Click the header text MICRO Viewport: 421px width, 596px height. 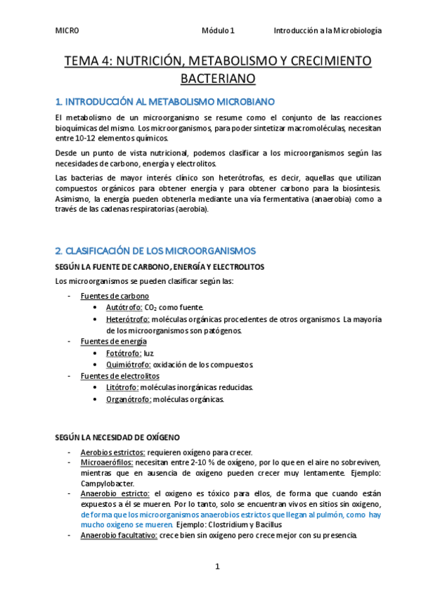coord(67,31)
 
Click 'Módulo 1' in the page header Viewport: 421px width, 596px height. coord(218,31)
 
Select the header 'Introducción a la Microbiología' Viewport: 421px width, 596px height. coord(328,31)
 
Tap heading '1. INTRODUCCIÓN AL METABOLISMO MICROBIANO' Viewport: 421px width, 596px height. coord(160,103)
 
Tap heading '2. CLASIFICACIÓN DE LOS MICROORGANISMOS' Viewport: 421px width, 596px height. coord(155,251)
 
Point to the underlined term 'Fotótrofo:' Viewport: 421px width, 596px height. coord(124,353)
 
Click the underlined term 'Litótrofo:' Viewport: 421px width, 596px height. coord(123,387)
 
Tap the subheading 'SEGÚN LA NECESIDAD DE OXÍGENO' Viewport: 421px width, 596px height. coord(117,436)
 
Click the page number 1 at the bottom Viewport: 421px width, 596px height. coord(218,566)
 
